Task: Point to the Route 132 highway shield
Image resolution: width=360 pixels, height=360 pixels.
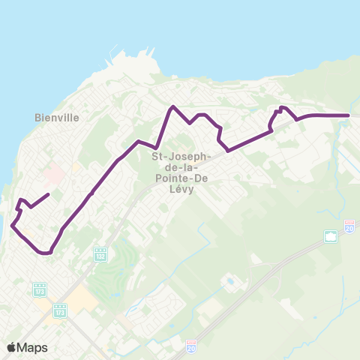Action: click(100, 255)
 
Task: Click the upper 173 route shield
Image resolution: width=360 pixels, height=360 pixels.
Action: click(40, 288)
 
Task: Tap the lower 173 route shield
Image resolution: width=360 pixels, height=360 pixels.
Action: click(60, 308)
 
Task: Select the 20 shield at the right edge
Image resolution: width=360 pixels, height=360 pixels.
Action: click(349, 225)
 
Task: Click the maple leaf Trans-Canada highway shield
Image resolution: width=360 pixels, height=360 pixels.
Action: click(331, 237)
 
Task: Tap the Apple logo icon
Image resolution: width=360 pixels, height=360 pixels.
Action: click(11, 347)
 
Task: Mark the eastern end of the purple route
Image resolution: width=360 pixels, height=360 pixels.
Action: click(349, 115)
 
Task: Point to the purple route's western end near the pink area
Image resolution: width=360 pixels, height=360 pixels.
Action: click(49, 195)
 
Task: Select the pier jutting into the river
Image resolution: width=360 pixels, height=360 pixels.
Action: click(112, 57)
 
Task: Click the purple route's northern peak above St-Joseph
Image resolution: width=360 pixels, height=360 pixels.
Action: click(173, 106)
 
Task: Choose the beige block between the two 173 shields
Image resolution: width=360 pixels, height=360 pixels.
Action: click(82, 298)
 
